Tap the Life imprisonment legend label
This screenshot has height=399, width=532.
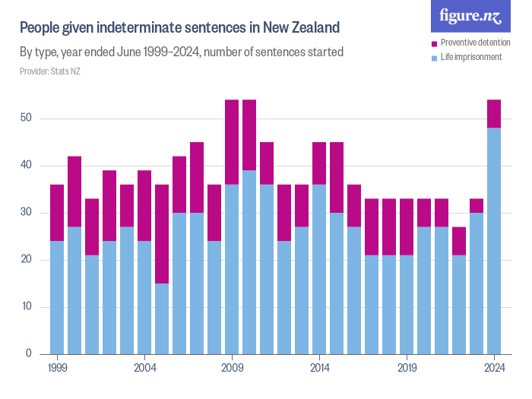click(471, 57)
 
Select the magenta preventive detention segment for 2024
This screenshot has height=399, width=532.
click(494, 114)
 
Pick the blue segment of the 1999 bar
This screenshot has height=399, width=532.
click(57, 297)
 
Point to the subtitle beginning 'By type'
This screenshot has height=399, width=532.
click(182, 52)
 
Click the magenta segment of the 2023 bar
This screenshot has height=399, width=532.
click(477, 205)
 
